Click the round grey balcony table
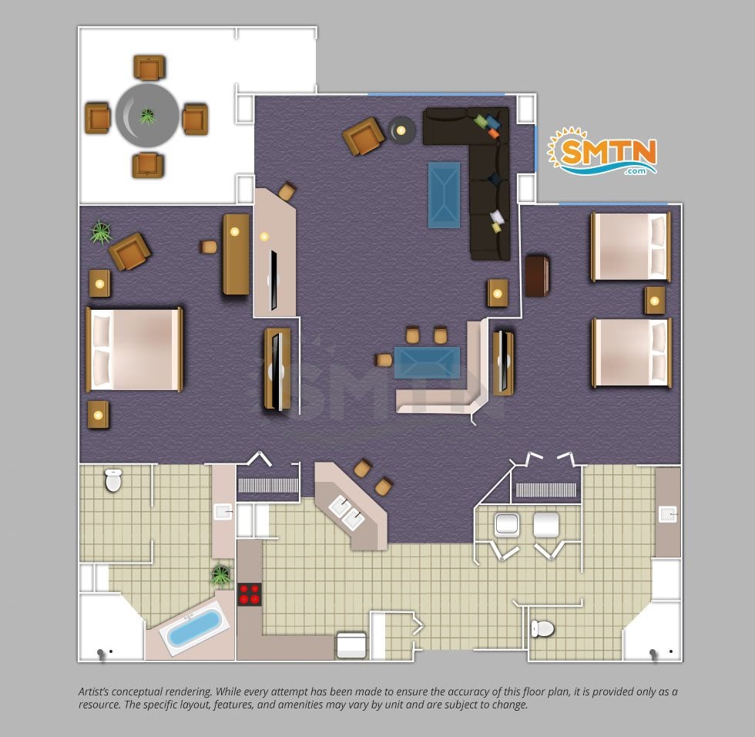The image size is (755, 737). [147, 116]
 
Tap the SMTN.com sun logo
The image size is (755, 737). [602, 151]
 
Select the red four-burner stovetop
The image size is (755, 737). [250, 594]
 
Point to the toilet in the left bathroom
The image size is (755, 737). [114, 480]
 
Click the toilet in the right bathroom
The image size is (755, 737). [542, 628]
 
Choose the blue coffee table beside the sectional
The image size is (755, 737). [444, 194]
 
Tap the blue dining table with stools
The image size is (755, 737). [427, 362]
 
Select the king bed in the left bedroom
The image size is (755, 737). [134, 349]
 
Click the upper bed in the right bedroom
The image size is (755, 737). [631, 247]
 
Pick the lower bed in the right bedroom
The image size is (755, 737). [631, 352]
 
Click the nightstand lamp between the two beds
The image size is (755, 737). [654, 301]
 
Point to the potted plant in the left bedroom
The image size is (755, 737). [101, 233]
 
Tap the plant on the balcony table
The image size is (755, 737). [147, 116]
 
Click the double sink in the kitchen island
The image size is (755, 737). [347, 512]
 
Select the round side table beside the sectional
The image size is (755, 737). [401, 130]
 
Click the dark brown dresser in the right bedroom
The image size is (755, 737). [537, 276]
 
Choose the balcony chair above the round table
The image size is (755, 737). [149, 67]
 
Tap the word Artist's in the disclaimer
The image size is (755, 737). [97, 692]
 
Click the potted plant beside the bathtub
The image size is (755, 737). [220, 574]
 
